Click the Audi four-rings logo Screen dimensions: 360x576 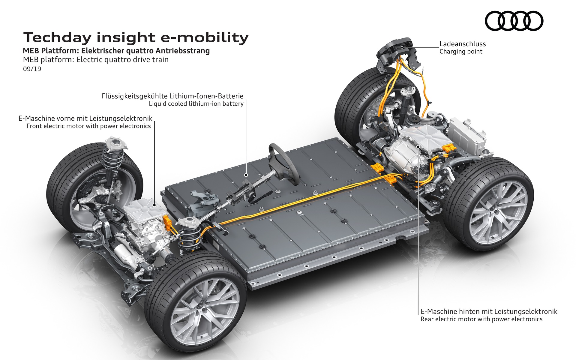tap(514, 21)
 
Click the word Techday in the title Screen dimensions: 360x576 tap(57, 38)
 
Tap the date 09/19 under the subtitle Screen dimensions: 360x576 tap(32, 69)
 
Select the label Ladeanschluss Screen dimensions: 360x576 tap(462, 44)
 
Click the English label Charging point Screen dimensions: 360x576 tap(461, 52)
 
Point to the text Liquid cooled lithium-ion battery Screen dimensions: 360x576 tap(196, 104)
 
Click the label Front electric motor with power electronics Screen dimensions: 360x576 tap(88, 126)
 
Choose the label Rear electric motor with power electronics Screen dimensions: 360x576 tap(481, 319)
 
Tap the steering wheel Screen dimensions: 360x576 tap(283, 163)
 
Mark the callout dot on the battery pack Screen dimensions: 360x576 tap(246, 175)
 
